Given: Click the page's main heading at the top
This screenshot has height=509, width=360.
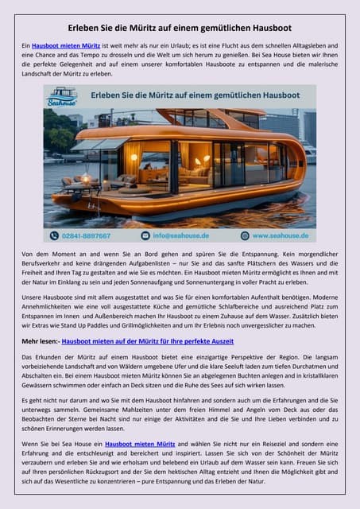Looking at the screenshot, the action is (x=180, y=28).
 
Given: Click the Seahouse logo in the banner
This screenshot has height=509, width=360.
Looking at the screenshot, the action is (x=62, y=98).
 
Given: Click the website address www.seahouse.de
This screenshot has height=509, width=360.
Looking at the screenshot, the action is (x=279, y=235).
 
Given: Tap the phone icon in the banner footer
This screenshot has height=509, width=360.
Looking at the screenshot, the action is (x=54, y=235).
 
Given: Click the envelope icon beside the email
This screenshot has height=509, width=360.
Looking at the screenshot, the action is (x=145, y=235).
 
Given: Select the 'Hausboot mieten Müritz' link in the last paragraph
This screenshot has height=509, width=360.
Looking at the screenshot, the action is (x=140, y=443).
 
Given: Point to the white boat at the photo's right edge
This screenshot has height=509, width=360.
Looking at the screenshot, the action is (x=309, y=150).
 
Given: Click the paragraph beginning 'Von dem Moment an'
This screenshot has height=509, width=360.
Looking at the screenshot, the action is (x=180, y=267).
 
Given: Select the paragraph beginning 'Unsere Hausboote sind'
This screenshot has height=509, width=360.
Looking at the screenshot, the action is (x=180, y=309).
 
